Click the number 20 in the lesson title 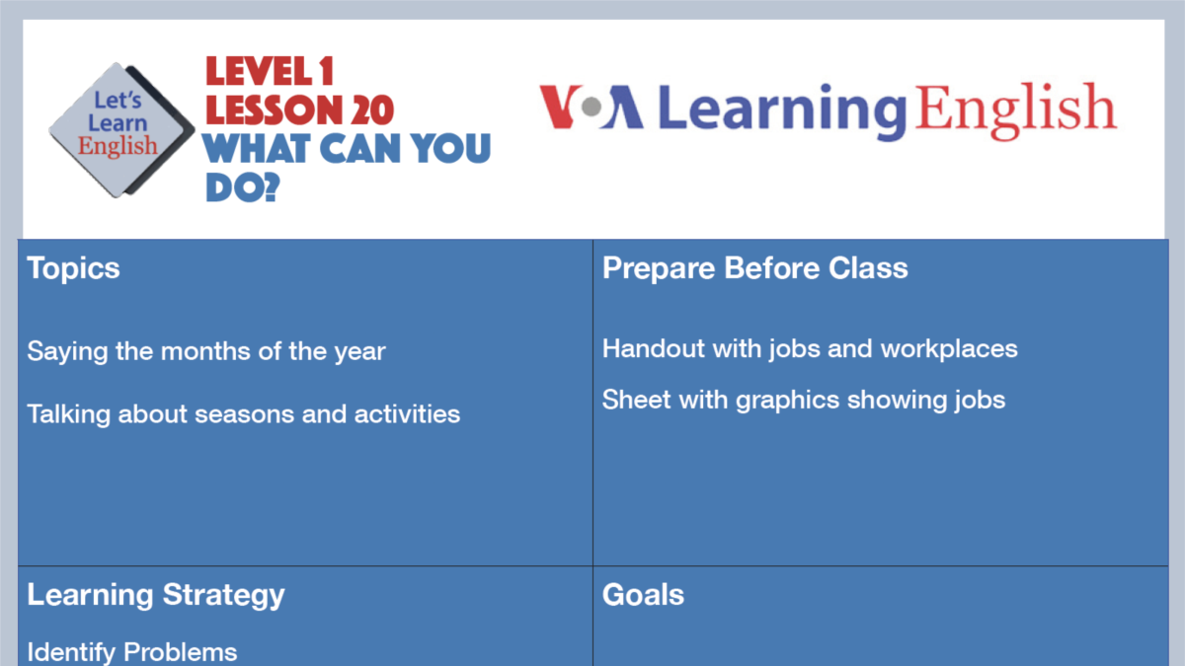tap(370, 110)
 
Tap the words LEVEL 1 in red tap(270, 72)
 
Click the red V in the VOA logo tap(558, 108)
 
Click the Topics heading tap(73, 268)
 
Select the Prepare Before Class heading tap(754, 268)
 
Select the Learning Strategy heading tap(156, 595)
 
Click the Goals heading tap(643, 595)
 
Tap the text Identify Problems tap(132, 652)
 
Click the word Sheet tap(629, 400)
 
